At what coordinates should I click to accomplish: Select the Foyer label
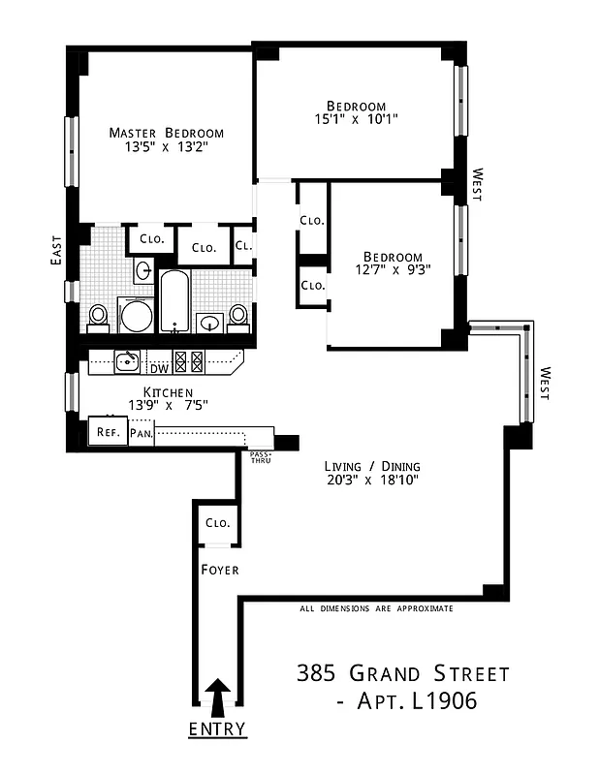pyautogui.click(x=219, y=570)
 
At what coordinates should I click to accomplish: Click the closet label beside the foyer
pyautogui.click(x=217, y=523)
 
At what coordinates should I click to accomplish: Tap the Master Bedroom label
pyautogui.click(x=166, y=133)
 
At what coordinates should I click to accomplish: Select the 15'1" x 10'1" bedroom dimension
pyautogui.click(x=356, y=119)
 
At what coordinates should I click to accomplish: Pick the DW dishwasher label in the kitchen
pyautogui.click(x=158, y=368)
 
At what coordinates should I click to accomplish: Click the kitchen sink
pyautogui.click(x=126, y=362)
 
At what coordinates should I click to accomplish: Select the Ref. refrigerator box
pyautogui.click(x=108, y=432)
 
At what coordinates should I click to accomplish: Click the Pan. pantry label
pyautogui.click(x=141, y=433)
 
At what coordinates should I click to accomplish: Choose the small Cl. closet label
pyautogui.click(x=243, y=246)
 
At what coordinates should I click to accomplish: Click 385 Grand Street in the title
pyautogui.click(x=401, y=673)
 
